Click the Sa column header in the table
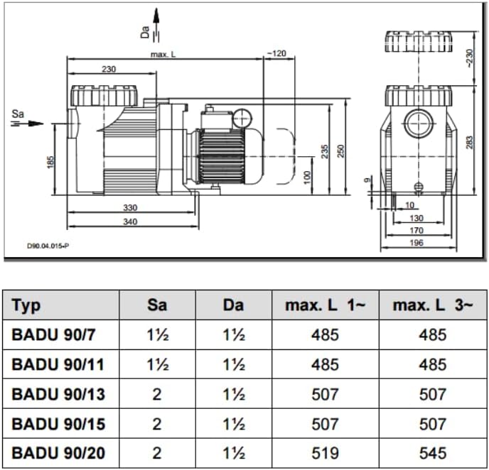[156, 305]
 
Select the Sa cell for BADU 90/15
[156, 424]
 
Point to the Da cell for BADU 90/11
[233, 364]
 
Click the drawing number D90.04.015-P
[48, 246]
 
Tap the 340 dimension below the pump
[129, 222]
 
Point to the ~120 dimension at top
[276, 53]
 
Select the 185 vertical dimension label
[50, 163]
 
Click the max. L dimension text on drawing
[163, 54]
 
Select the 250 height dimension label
[340, 151]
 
